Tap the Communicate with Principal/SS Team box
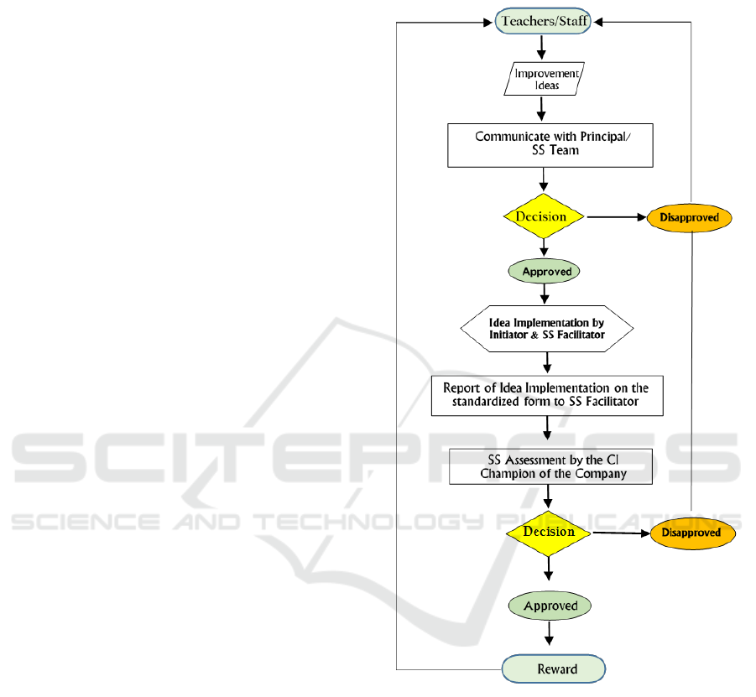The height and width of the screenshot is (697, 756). [550, 145]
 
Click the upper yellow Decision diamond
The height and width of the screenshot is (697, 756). [545, 216]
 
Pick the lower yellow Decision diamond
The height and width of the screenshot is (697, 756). [550, 533]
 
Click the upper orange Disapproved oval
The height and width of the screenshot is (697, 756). [689, 217]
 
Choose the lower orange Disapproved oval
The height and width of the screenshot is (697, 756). [691, 533]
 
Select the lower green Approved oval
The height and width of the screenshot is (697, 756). [550, 606]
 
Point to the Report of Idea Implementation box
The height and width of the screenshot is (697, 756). [547, 396]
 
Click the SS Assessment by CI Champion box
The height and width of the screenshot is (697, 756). [550, 467]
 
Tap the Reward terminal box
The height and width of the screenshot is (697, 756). [554, 668]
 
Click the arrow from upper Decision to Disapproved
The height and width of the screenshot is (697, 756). [617, 217]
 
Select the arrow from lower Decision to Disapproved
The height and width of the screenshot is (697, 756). [622, 533]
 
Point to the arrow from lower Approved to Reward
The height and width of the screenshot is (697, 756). [550, 634]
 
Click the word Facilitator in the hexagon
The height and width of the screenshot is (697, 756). [576, 335]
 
